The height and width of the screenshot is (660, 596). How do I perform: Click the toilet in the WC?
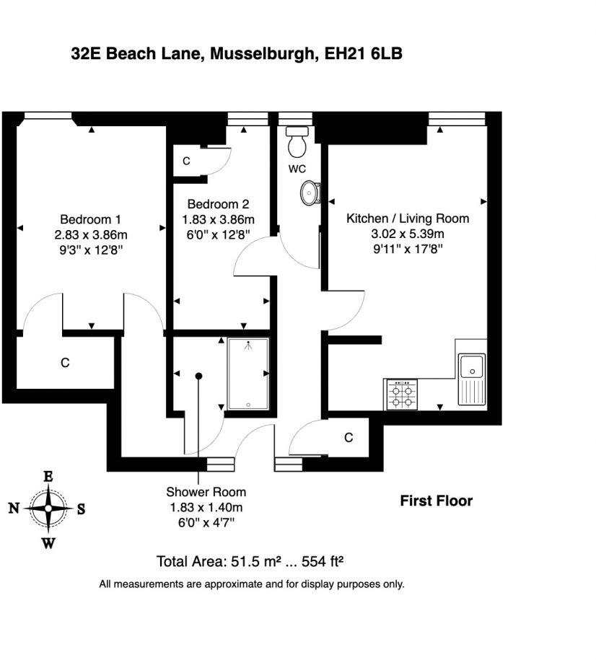[x=297, y=143]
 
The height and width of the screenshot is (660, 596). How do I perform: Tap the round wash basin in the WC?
[x=310, y=193]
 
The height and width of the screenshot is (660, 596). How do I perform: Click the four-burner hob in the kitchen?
[x=402, y=394]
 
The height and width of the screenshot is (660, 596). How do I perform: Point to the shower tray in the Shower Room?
[x=248, y=375]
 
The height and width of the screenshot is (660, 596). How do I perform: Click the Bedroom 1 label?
[x=90, y=219]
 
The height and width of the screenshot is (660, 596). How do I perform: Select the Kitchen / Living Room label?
[x=408, y=219]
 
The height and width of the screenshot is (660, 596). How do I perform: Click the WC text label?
[x=297, y=169]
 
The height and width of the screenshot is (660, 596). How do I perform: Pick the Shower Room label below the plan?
[x=206, y=492]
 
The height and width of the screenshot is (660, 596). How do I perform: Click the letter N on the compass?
[x=13, y=509]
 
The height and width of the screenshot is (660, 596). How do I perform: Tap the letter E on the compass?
[x=48, y=477]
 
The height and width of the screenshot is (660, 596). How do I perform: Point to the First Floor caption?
[x=436, y=501]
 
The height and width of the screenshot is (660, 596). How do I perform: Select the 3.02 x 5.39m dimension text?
[x=408, y=234]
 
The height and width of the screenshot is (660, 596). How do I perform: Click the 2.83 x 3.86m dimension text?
[x=90, y=234]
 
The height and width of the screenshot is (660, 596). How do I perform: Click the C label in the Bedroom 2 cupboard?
[x=186, y=161]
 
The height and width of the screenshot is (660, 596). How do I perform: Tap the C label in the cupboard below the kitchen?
[x=349, y=438]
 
